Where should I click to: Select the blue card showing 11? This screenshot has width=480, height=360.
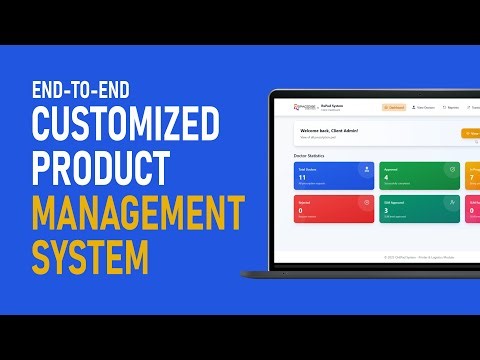pos(334,176)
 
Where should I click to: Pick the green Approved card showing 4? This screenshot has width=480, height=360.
pos(420,176)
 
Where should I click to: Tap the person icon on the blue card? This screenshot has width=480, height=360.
pos(367,170)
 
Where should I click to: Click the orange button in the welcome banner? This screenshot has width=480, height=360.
pos(470,133)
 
